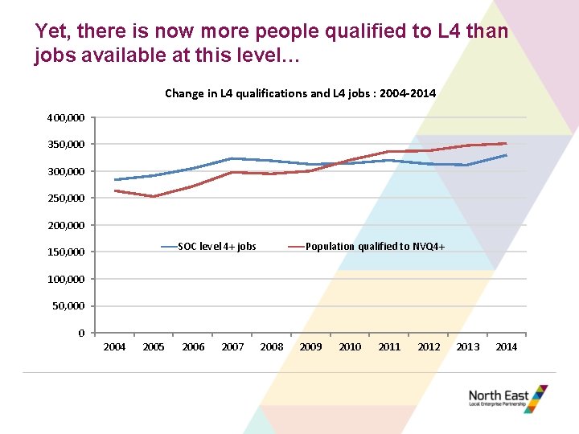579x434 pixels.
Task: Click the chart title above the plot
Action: (x=300, y=93)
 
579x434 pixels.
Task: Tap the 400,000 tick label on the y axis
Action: (x=65, y=118)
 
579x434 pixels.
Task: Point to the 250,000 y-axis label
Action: (x=65, y=199)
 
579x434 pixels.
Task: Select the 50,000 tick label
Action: (x=68, y=306)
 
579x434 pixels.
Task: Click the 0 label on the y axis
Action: (x=80, y=333)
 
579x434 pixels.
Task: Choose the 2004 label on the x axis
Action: (x=114, y=347)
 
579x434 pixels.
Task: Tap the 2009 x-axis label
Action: (x=310, y=347)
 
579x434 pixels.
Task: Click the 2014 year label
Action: (x=507, y=347)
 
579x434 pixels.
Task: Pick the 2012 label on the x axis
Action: (x=429, y=347)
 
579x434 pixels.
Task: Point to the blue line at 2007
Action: (x=232, y=158)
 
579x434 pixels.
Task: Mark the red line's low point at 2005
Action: (x=154, y=196)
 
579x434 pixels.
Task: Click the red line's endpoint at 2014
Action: (x=507, y=143)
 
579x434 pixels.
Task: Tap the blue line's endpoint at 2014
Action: (x=507, y=155)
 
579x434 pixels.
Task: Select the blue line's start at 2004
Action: (x=115, y=180)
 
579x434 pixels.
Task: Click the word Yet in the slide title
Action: (x=53, y=31)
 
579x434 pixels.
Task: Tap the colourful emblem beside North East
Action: (x=536, y=399)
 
